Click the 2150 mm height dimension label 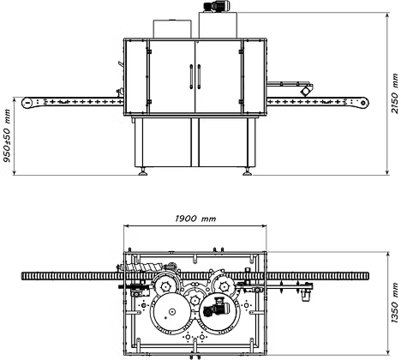(395, 93)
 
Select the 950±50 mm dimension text (7, 135)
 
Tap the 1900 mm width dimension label (195, 219)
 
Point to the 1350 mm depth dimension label (395, 303)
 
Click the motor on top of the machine (218, 6)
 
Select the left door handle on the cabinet (191, 76)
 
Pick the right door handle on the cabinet (199, 76)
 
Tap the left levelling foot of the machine (143, 171)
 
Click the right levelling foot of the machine (248, 171)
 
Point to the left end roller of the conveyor (27, 102)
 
